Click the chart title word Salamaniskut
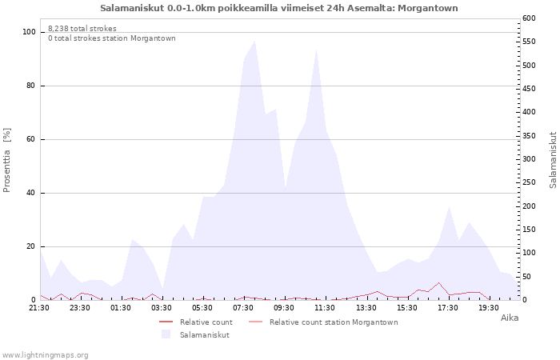[x=132, y=8]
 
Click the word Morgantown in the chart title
[x=427, y=8]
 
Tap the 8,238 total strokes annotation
[x=82, y=29]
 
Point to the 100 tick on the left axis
[x=30, y=32]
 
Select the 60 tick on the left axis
[x=30, y=139]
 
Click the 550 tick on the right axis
[x=529, y=42]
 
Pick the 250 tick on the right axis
[x=529, y=182]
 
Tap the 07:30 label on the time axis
[x=243, y=308]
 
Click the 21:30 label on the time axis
[x=39, y=308]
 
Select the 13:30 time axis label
[x=366, y=308]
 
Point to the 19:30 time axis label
[x=489, y=308]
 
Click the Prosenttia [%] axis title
[x=6, y=160]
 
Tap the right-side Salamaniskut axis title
[x=553, y=160]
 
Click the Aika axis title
[x=510, y=318]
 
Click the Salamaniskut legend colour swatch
[x=166, y=334]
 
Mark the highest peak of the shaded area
[x=254, y=41]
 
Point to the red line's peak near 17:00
[x=439, y=283]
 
